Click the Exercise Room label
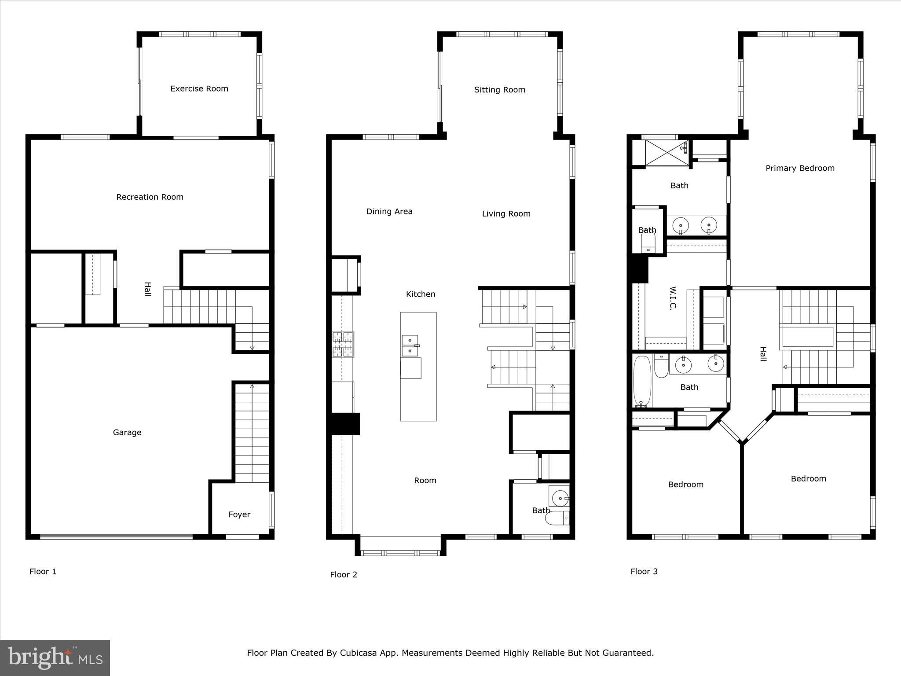click(x=199, y=88)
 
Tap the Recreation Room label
click(x=150, y=197)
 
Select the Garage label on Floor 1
click(x=127, y=433)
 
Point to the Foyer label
click(x=239, y=514)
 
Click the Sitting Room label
click(x=500, y=90)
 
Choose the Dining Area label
click(x=389, y=212)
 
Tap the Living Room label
click(x=506, y=214)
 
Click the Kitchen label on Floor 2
click(x=421, y=294)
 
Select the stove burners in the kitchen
click(x=343, y=344)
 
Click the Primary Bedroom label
click(x=800, y=168)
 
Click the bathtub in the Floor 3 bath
click(x=642, y=381)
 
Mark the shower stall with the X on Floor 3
click(x=667, y=153)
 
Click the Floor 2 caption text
click(x=344, y=574)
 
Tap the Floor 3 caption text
click(x=644, y=571)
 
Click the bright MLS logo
click(x=55, y=658)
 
